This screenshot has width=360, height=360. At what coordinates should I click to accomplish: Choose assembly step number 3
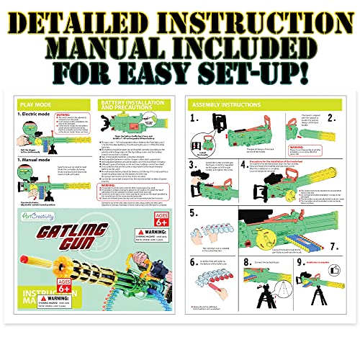click(194, 163)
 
